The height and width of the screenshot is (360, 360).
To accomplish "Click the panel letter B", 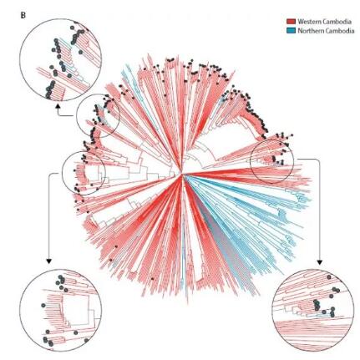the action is coord(23,16).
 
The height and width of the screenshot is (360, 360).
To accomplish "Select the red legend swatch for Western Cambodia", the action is coord(291,22).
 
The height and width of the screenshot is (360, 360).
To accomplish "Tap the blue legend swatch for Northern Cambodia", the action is coord(291,31).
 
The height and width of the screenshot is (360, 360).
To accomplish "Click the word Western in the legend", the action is coord(307,22).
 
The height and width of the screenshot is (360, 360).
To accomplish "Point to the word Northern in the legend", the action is coord(309,31).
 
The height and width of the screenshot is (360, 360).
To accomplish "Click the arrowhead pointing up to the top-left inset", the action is coord(58,106).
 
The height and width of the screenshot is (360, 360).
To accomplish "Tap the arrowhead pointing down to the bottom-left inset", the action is coord(48,261).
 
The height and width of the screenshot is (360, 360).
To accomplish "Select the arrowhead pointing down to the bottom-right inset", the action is coord(320,262).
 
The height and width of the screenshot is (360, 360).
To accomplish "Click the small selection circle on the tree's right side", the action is coord(271,162).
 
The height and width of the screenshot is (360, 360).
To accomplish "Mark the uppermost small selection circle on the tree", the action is coord(98,115).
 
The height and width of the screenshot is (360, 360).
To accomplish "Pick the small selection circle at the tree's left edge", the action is coord(84,173).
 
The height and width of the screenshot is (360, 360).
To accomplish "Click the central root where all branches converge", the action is coord(181,175).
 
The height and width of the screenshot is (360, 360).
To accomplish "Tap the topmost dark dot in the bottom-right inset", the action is coord(329,277).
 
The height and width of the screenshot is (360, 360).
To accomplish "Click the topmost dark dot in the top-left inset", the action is coord(72,28).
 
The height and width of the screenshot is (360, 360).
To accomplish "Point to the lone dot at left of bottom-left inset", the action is coord(43,305).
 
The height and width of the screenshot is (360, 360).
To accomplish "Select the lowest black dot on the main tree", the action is coord(152,278).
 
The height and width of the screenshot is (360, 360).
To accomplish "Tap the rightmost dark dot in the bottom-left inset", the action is coord(86,340).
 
